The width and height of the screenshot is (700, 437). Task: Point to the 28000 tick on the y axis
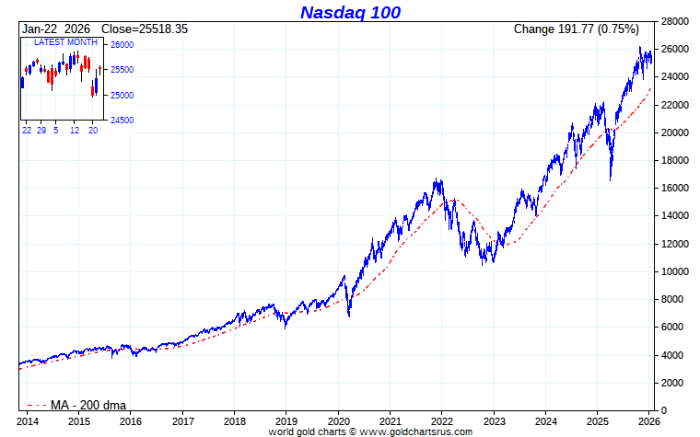pyautogui.click(x=677, y=21)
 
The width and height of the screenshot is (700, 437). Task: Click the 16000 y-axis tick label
pyautogui.click(x=677, y=188)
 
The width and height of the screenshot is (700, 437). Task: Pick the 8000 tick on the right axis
pyautogui.click(x=674, y=299)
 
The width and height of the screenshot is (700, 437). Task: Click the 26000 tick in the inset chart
pyautogui.click(x=122, y=45)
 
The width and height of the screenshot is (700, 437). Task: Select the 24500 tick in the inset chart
pyautogui.click(x=122, y=121)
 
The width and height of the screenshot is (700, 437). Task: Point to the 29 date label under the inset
pyautogui.click(x=42, y=131)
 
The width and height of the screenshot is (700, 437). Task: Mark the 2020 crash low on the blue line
pyautogui.click(x=349, y=316)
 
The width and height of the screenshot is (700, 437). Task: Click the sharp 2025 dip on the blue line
pyautogui.click(x=610, y=178)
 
